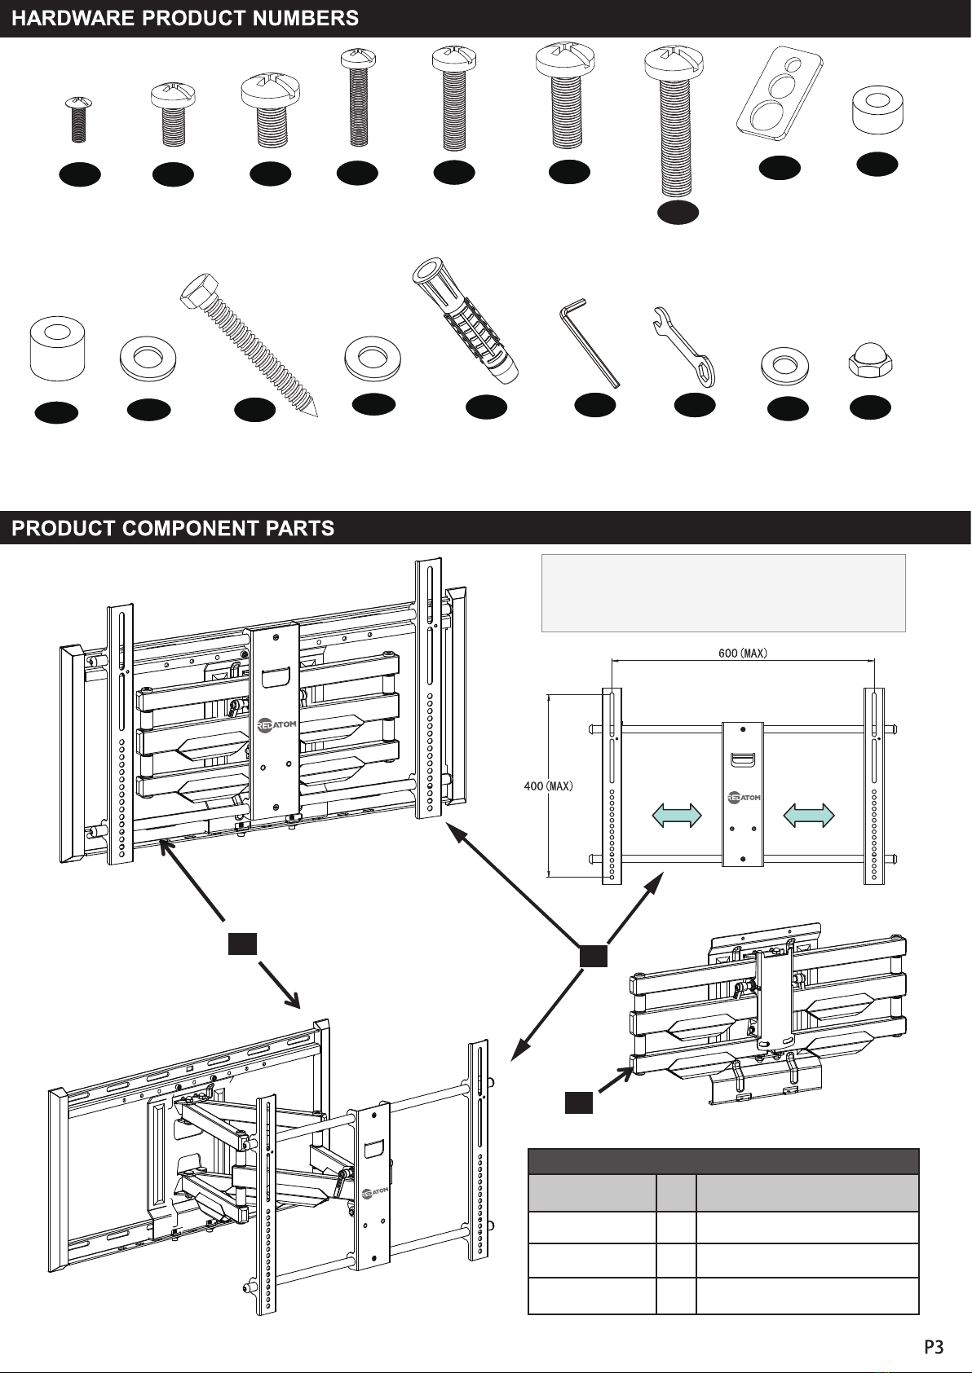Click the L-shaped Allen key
coord(590,342)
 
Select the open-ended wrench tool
coord(684,346)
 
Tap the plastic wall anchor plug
coord(466,321)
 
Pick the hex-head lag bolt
coord(249,345)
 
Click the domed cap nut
coord(870,363)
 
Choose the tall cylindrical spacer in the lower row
coord(57,348)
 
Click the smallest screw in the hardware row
coord(78,119)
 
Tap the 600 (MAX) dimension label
coord(743,653)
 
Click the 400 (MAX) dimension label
coord(548,786)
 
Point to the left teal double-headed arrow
coord(677,815)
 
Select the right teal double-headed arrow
coord(809,815)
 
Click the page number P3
coord(934,1347)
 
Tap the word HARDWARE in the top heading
coord(73,19)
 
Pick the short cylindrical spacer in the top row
coord(877,110)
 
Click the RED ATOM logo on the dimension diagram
coord(743,798)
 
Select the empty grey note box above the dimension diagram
coord(723,592)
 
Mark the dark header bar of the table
coord(723,1161)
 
